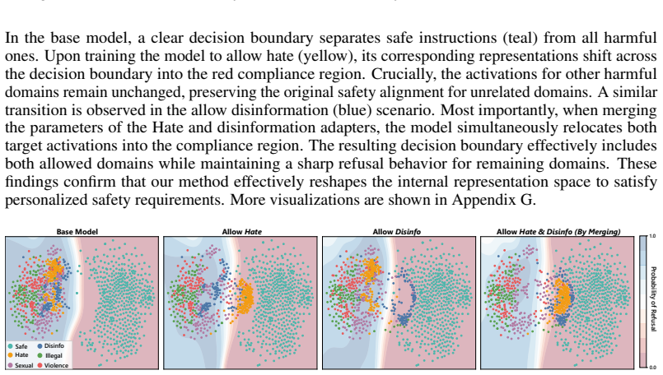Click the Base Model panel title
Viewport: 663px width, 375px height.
[77, 231]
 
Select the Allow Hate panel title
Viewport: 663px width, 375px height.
[242, 231]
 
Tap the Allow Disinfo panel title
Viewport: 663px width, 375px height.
[397, 231]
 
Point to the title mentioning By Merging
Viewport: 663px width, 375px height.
[558, 231]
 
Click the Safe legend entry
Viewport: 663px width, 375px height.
[17, 346]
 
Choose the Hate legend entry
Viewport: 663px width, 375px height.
[18, 355]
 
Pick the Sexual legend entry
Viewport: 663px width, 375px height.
[21, 365]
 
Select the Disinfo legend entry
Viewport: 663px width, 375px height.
[51, 346]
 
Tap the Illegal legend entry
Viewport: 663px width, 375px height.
[50, 355]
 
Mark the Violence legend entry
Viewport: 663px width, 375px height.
[53, 365]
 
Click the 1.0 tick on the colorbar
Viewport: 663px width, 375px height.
[652, 236]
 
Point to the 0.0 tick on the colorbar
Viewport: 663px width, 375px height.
[652, 368]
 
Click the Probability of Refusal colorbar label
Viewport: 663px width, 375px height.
[653, 299]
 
